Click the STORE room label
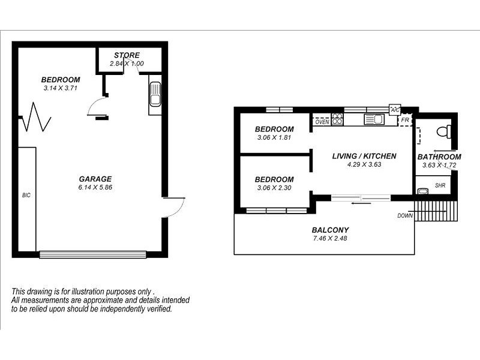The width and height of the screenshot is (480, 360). click(x=127, y=55)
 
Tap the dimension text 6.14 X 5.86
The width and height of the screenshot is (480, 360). click(x=95, y=187)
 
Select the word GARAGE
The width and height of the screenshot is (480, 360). click(x=95, y=179)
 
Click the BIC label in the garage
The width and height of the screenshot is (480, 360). click(x=26, y=195)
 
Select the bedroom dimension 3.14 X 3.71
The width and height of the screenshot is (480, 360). click(x=61, y=88)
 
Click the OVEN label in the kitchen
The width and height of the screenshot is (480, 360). click(x=322, y=122)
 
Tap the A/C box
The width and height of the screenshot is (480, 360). click(x=395, y=110)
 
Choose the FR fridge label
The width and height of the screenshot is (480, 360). click(x=405, y=120)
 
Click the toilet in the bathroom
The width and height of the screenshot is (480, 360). click(x=443, y=131)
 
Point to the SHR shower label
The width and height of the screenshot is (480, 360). click(x=440, y=186)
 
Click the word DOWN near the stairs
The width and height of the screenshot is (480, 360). click(x=405, y=215)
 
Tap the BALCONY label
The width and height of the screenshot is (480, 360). click(x=330, y=230)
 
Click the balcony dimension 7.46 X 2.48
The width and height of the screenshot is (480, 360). click(x=330, y=238)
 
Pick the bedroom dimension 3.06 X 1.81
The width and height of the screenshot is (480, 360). click(x=274, y=137)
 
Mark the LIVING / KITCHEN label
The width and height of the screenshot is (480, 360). click(x=364, y=156)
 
